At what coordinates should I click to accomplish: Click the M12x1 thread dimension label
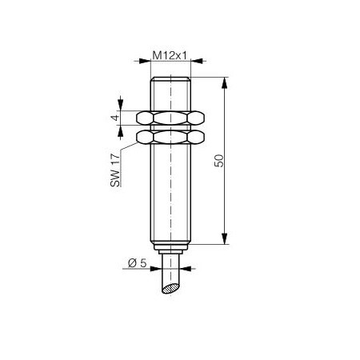(x=170, y=55)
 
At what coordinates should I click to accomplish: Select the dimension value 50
(x=219, y=161)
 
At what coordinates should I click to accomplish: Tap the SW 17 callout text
(x=115, y=170)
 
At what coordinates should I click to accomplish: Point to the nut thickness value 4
(x=115, y=117)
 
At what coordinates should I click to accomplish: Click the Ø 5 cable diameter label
(x=138, y=263)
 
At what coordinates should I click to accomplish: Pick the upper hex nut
(x=170, y=118)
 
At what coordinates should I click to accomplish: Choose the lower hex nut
(x=170, y=137)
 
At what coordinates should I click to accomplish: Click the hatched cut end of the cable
(x=170, y=289)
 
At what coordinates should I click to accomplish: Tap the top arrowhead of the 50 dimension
(x=225, y=82)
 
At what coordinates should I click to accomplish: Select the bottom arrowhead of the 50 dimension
(x=225, y=238)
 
